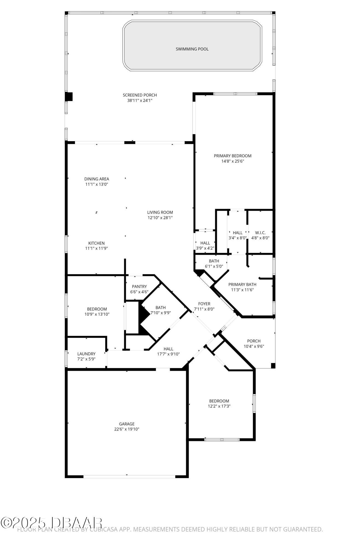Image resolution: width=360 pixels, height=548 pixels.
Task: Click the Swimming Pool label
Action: [x=192, y=49]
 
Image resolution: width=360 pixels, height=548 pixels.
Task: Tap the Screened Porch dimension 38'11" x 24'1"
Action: [x=140, y=101]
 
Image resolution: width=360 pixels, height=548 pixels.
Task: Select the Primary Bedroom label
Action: [x=232, y=156]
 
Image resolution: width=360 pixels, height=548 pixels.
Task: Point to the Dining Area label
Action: [x=97, y=179]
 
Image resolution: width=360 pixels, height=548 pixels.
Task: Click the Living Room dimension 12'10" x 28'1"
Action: [x=160, y=218]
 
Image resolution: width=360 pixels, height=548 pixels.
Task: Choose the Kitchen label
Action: [x=96, y=243]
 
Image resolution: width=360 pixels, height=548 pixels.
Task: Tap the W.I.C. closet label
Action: [x=260, y=233]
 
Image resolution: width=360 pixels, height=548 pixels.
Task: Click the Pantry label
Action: [x=139, y=287]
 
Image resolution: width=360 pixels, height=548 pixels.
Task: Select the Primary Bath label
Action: [x=242, y=284]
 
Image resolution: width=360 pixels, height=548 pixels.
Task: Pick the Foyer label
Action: [x=204, y=304]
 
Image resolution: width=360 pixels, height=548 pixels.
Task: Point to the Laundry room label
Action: [x=86, y=354]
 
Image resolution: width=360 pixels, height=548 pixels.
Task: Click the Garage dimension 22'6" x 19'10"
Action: [x=127, y=429]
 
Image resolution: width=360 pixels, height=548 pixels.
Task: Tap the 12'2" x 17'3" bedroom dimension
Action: [x=219, y=406]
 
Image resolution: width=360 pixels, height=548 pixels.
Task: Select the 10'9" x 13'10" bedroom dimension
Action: [x=97, y=314]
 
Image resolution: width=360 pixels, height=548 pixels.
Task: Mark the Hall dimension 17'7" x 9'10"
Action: [x=168, y=354]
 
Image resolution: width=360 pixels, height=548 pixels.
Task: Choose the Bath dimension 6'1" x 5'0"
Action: [x=214, y=266]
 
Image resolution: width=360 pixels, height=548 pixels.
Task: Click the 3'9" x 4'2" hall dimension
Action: [x=205, y=248]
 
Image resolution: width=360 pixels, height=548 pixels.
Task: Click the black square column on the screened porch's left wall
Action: [x=69, y=97]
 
